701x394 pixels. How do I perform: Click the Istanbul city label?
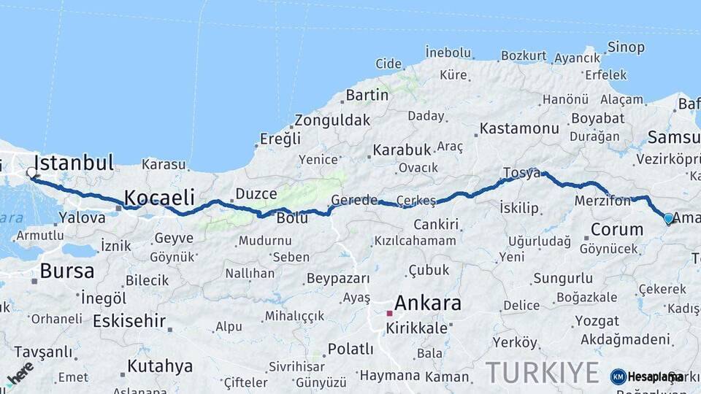point(74,162)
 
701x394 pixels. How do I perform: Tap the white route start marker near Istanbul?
point(31,173)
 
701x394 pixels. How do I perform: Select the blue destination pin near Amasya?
point(668,217)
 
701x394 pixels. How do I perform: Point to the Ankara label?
point(427,303)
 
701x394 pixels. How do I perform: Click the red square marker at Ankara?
point(390,313)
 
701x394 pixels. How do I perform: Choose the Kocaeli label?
point(159,197)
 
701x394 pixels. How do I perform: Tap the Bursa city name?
point(66,271)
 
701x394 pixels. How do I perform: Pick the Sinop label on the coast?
point(627,48)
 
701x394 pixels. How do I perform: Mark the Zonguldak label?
point(332,120)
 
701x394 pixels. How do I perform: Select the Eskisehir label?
point(129,321)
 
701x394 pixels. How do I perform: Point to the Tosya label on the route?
point(521,174)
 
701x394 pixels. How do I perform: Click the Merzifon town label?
point(602,201)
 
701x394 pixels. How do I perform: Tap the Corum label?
point(616,230)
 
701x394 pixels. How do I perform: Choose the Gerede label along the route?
point(354,200)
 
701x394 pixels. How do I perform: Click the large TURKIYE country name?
point(542,372)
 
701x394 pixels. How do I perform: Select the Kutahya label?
point(160,366)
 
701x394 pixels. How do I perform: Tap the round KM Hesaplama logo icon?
point(618,376)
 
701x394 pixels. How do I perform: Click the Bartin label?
point(367,95)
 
